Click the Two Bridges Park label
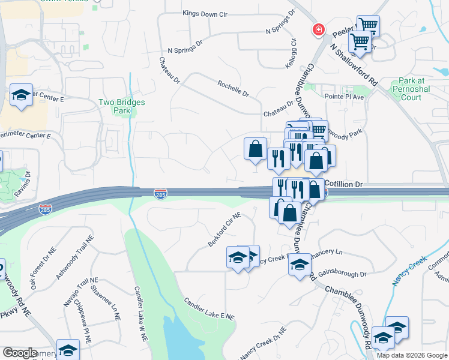[122, 106]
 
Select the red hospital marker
[318, 29]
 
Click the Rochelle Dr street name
[234, 89]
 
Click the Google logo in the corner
[20, 353]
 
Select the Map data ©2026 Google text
[411, 355]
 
